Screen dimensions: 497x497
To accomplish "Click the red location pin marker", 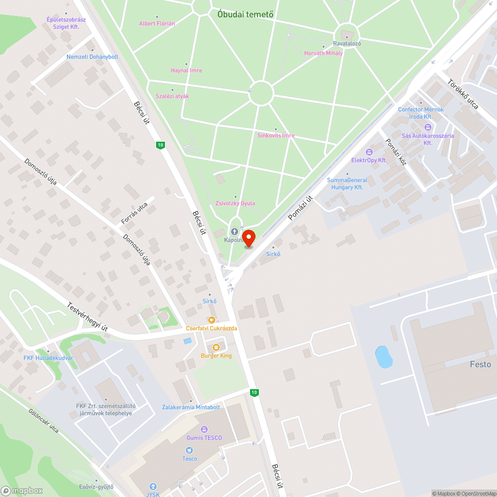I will [x=248, y=238].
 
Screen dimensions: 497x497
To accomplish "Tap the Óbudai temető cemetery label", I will [x=246, y=14].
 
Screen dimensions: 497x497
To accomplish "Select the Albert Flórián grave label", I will [x=157, y=23].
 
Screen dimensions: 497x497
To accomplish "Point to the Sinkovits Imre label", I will [x=276, y=135].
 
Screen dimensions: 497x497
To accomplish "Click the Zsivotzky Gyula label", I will [x=236, y=203].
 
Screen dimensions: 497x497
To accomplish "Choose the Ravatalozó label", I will [x=347, y=43].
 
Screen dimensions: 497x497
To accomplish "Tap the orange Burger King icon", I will [x=216, y=347].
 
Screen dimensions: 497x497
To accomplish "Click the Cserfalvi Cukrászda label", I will [x=211, y=328].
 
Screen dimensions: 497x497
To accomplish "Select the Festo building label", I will [x=480, y=364].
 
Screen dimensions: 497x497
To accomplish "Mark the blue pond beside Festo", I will [x=383, y=357].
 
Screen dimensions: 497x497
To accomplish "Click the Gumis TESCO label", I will [x=204, y=437].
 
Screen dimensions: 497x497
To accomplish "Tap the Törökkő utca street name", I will [x=463, y=94].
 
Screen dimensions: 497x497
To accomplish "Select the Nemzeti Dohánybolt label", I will [x=92, y=57].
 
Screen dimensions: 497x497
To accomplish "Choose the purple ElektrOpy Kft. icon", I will [x=369, y=152].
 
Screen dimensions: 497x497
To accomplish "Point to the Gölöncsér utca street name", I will [x=44, y=420].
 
